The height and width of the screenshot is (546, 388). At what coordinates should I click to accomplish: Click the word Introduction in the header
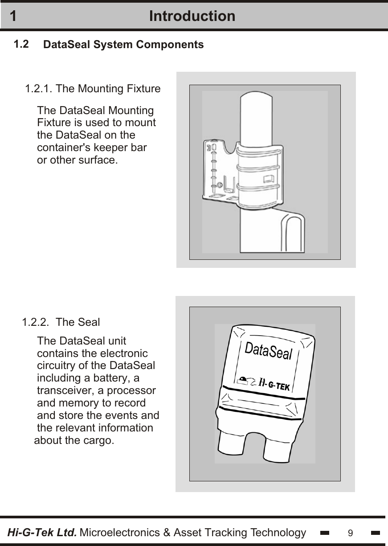[x=192, y=16]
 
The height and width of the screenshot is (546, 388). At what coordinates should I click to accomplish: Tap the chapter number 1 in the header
[x=13, y=16]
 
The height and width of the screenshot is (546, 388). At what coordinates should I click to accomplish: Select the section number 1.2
[x=21, y=44]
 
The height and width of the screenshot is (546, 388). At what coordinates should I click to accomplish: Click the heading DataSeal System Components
[x=123, y=45]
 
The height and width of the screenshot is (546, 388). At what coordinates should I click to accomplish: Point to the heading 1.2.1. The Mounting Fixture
[x=93, y=89]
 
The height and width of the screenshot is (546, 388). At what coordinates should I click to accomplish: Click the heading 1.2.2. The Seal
[x=61, y=322]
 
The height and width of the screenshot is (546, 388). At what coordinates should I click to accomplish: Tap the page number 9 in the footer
[x=351, y=533]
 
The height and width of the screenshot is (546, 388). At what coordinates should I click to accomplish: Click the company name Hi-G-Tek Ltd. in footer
[x=42, y=533]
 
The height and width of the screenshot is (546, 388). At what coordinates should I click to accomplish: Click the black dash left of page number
[x=325, y=533]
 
